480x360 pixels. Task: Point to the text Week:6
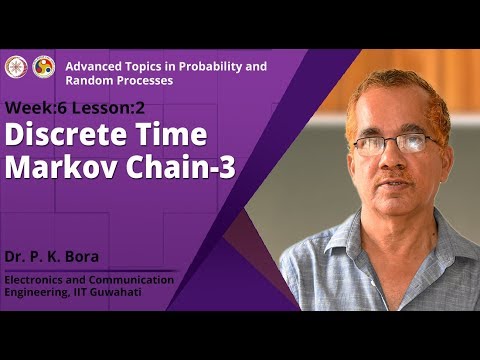(32, 107)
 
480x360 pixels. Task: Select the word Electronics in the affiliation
(36, 279)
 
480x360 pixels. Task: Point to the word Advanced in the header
(91, 66)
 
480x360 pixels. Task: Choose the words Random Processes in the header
(119, 80)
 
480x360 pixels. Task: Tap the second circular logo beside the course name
(44, 67)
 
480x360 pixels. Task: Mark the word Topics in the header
(143, 66)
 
